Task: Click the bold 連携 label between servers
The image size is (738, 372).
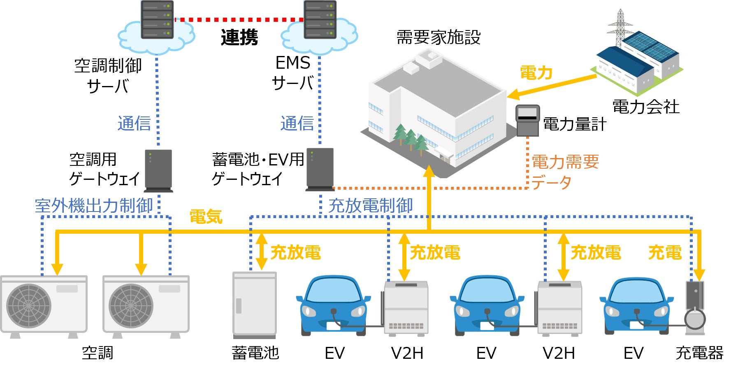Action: tap(239, 37)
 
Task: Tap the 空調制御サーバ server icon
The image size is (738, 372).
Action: tap(157, 20)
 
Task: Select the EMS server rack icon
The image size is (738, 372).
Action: tap(320, 20)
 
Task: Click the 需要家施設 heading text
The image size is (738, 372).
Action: tap(438, 37)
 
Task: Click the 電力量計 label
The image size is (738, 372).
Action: tap(575, 124)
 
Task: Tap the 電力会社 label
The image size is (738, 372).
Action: tap(645, 107)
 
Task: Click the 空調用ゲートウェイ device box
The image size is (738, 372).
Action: tap(158, 170)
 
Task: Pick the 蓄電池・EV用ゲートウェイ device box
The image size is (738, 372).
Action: tap(320, 169)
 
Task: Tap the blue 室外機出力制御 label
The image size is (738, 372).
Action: tap(94, 206)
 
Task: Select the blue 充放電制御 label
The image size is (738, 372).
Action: tap(370, 206)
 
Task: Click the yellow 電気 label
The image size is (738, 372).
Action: tap(206, 216)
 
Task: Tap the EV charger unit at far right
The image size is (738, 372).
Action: tap(695, 307)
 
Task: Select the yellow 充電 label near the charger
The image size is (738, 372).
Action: tap(665, 252)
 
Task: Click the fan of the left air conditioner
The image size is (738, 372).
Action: tap(29, 305)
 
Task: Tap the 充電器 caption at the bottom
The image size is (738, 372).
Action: tap(699, 353)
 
